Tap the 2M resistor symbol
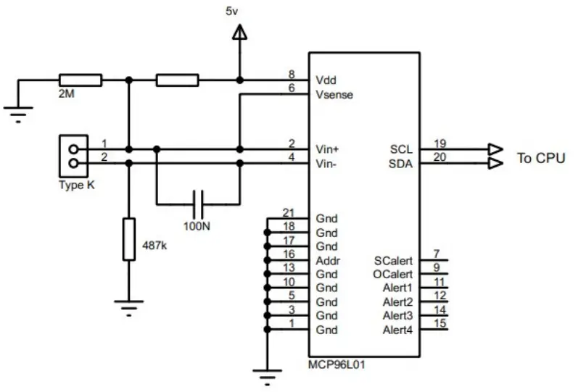coord(80,79)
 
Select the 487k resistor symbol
coord(129,238)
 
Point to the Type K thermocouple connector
coord(73,157)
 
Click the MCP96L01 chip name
coord(337,365)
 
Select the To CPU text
coord(540,157)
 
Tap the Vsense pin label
coord(334,95)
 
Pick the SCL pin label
coord(400,149)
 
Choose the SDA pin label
coord(400,164)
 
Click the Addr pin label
coord(328,260)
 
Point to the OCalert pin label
coord(393,275)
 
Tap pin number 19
coord(439,142)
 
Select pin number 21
coord(289,212)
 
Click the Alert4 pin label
coord(397,330)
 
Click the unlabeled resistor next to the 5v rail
coord(178,79)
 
